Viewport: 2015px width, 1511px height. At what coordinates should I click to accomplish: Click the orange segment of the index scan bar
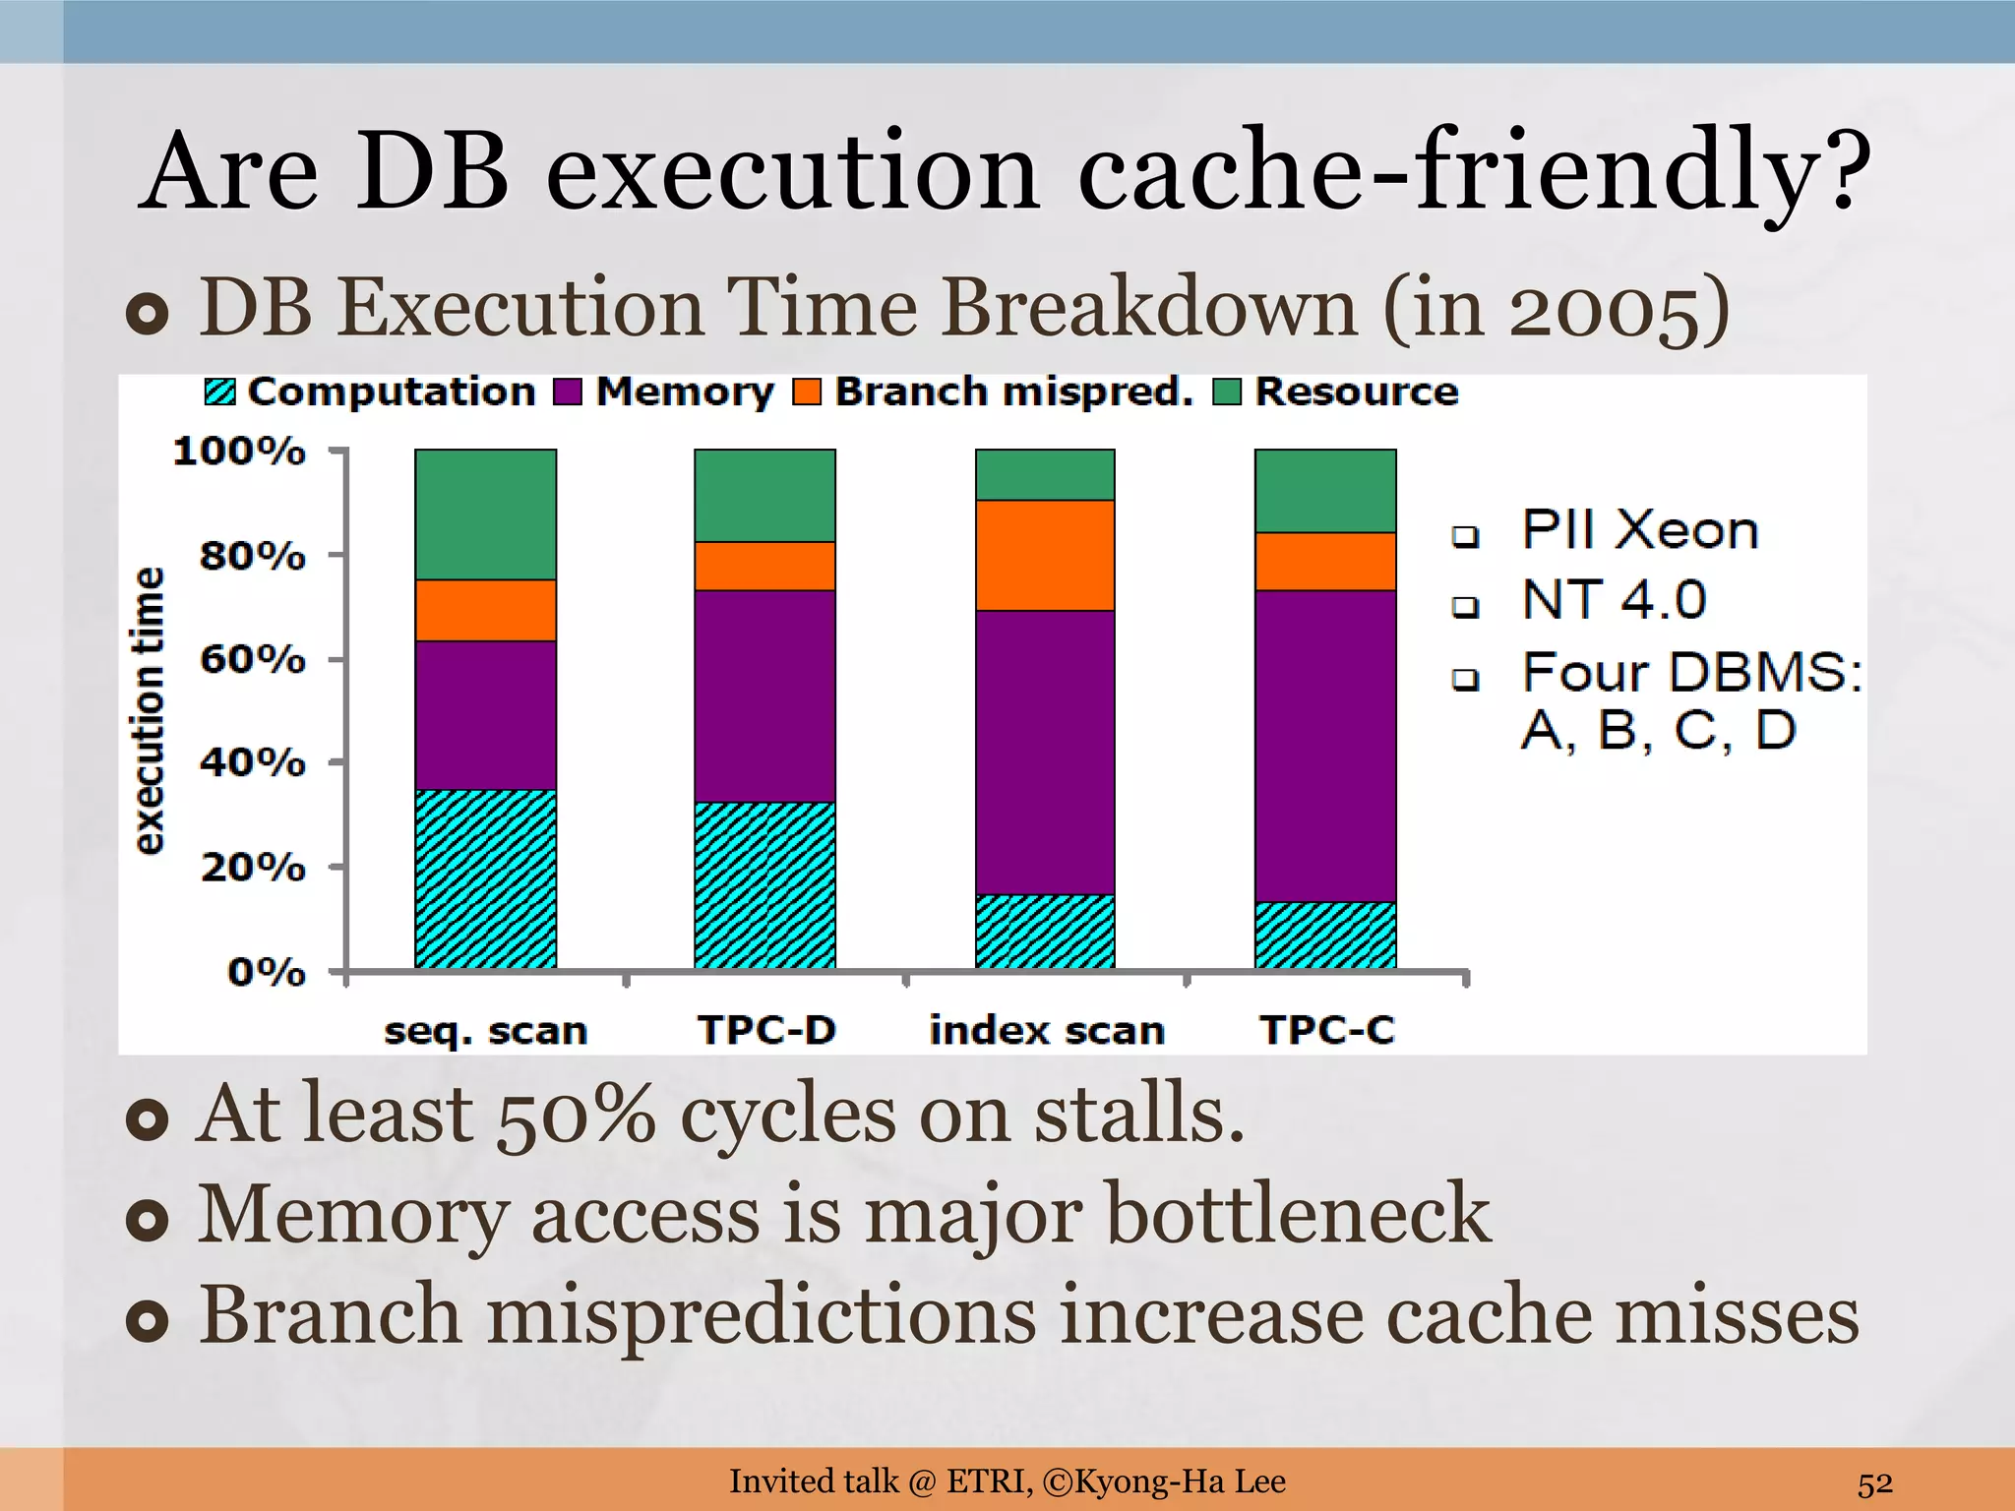click(x=1045, y=555)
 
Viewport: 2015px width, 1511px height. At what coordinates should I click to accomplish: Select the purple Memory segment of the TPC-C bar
click(x=1325, y=746)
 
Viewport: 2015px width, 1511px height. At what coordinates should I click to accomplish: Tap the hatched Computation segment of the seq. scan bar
click(x=485, y=878)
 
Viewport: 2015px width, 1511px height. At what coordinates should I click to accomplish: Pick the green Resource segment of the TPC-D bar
click(x=764, y=495)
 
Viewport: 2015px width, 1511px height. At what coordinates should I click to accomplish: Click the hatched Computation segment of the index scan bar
click(x=1045, y=931)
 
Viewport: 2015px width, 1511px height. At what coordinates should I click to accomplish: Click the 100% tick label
click(x=239, y=452)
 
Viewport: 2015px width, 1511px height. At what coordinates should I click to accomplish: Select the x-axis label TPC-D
click(x=766, y=1030)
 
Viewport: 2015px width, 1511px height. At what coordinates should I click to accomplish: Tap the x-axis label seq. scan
click(x=485, y=1031)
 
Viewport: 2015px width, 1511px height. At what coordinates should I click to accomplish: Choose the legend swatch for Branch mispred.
click(x=807, y=392)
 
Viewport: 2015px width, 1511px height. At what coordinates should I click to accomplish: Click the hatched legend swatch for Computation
click(x=220, y=392)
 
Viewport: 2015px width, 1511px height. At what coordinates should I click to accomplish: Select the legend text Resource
click(x=1356, y=392)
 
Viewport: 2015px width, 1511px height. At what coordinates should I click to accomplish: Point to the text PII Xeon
click(x=1639, y=530)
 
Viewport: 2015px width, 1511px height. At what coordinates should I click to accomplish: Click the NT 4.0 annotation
click(x=1614, y=599)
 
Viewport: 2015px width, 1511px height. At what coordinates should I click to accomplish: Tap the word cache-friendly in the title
click(x=1473, y=172)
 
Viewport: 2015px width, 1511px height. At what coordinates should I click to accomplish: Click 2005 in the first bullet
click(x=1603, y=309)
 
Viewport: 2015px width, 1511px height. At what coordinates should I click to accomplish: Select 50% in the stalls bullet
click(x=575, y=1115)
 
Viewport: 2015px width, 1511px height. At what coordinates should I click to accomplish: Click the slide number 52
click(x=1874, y=1482)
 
